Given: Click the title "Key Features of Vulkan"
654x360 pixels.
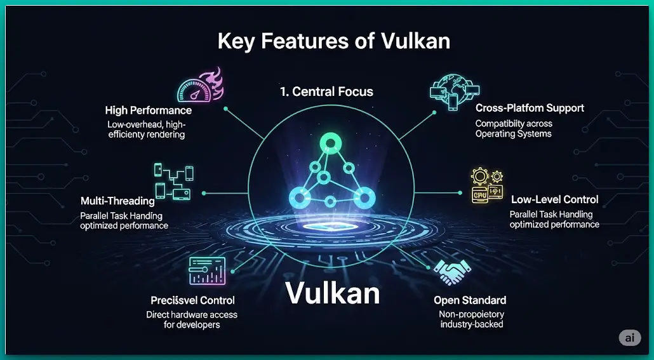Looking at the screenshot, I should [x=333, y=42].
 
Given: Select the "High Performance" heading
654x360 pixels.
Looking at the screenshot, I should [x=148, y=110].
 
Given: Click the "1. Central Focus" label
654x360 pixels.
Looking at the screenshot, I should [x=326, y=91].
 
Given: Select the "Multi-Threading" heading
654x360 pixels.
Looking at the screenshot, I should [x=117, y=201].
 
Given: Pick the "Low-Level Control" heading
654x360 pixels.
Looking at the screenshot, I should [x=554, y=200].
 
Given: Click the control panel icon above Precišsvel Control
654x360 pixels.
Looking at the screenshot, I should [x=207, y=270].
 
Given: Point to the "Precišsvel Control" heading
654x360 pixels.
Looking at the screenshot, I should [x=192, y=300].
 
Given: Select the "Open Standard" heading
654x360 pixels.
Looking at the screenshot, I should [x=469, y=300].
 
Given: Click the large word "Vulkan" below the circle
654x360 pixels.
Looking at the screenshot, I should [x=332, y=293].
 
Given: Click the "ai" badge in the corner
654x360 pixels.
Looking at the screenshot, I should [x=629, y=338].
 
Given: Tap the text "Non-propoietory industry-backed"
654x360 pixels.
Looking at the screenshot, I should [x=471, y=319].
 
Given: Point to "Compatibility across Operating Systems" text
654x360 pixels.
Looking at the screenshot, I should [x=514, y=129].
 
